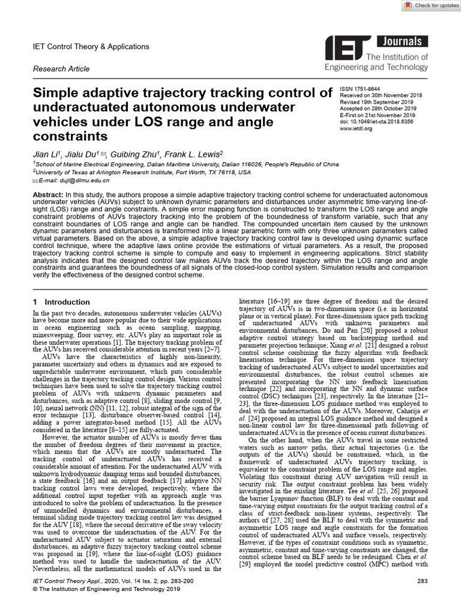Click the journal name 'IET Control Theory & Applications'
point(90,46)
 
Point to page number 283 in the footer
point(421,581)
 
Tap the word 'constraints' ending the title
point(73,137)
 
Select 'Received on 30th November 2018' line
point(381,95)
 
